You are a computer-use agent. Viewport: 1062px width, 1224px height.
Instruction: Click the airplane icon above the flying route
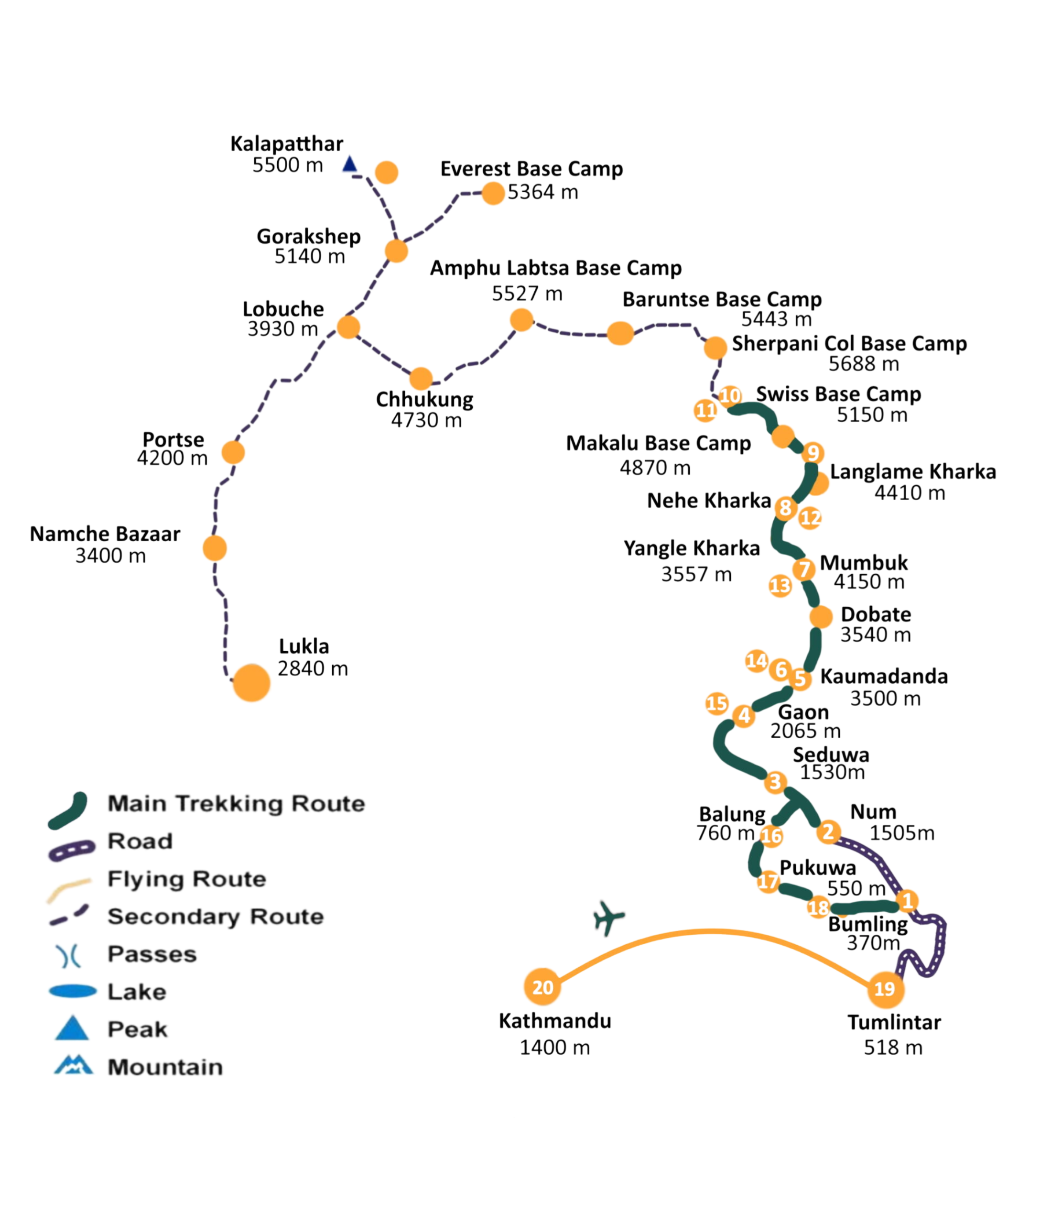pyautogui.click(x=608, y=918)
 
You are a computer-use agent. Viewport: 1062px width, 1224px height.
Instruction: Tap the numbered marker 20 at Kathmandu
pyautogui.click(x=542, y=987)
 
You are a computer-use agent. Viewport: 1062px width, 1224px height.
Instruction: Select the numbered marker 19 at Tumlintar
pyautogui.click(x=885, y=988)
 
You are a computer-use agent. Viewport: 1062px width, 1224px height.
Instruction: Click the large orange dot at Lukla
pyautogui.click(x=251, y=683)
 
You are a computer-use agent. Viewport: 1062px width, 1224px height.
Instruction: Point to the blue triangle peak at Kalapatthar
pyautogui.click(x=350, y=164)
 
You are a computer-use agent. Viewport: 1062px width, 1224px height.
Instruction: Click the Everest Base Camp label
pyautogui.click(x=531, y=169)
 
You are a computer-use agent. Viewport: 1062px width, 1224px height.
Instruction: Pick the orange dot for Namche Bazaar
pyautogui.click(x=215, y=548)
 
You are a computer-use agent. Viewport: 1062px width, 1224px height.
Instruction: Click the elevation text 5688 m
pyautogui.click(x=864, y=363)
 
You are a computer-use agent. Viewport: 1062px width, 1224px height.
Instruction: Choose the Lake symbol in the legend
pyautogui.click(x=72, y=991)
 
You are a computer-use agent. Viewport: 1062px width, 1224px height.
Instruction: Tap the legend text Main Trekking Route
pyautogui.click(x=237, y=804)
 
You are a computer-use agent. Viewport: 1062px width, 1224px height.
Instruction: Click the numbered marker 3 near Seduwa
pyautogui.click(x=775, y=782)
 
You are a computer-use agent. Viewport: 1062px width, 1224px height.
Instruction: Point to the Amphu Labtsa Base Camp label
pyautogui.click(x=556, y=268)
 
